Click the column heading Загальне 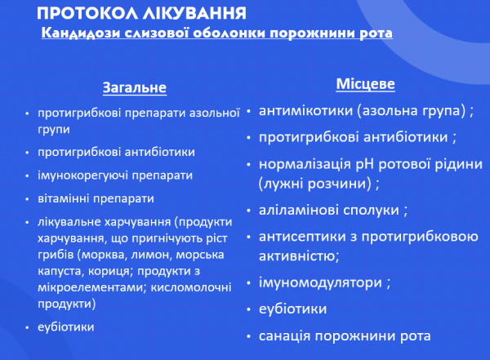tap(134, 87)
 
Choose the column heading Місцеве tap(366, 84)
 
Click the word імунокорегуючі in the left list tap(78, 176)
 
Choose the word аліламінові tap(298, 210)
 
